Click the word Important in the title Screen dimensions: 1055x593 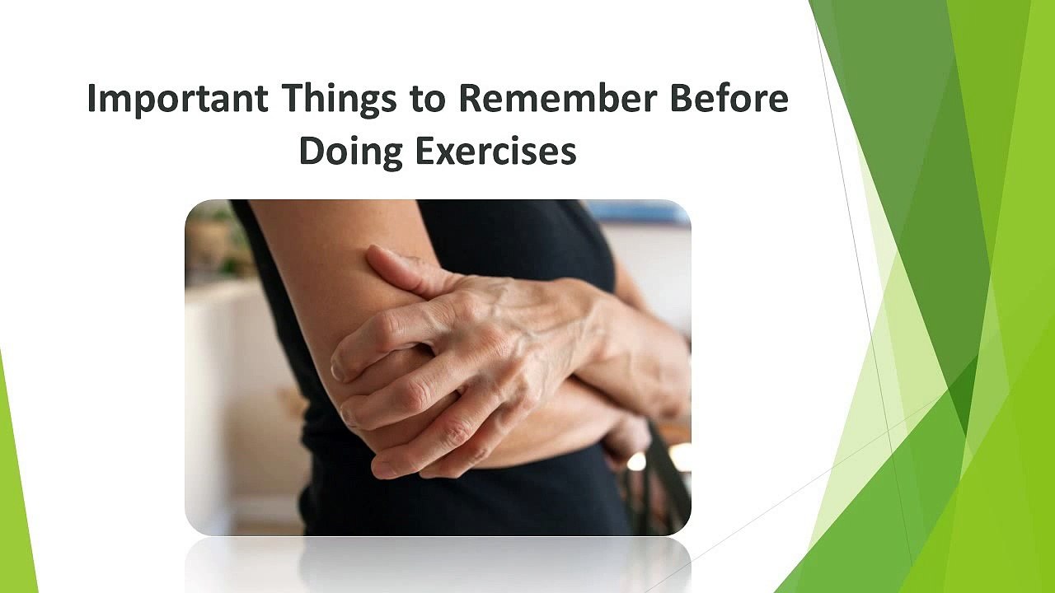[178, 100]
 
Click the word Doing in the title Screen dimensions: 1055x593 [351, 152]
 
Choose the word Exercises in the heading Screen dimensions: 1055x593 [496, 151]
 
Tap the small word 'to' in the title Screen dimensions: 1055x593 [428, 100]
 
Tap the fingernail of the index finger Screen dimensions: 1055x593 [338, 371]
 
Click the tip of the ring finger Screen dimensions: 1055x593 [382, 467]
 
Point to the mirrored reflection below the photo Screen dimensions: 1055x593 [438, 565]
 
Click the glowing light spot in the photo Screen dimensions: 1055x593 [637, 461]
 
